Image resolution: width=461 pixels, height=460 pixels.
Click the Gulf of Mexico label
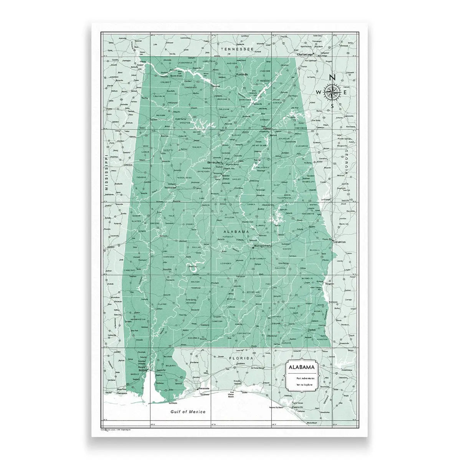(x=188, y=411)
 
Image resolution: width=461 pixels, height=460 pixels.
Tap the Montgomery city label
(x=263, y=245)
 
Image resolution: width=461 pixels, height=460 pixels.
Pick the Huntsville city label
(x=242, y=74)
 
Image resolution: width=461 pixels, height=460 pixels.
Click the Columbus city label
(x=340, y=242)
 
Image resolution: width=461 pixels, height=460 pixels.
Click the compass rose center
(x=332, y=92)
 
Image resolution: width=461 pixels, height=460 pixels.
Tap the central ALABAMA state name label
(x=237, y=232)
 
